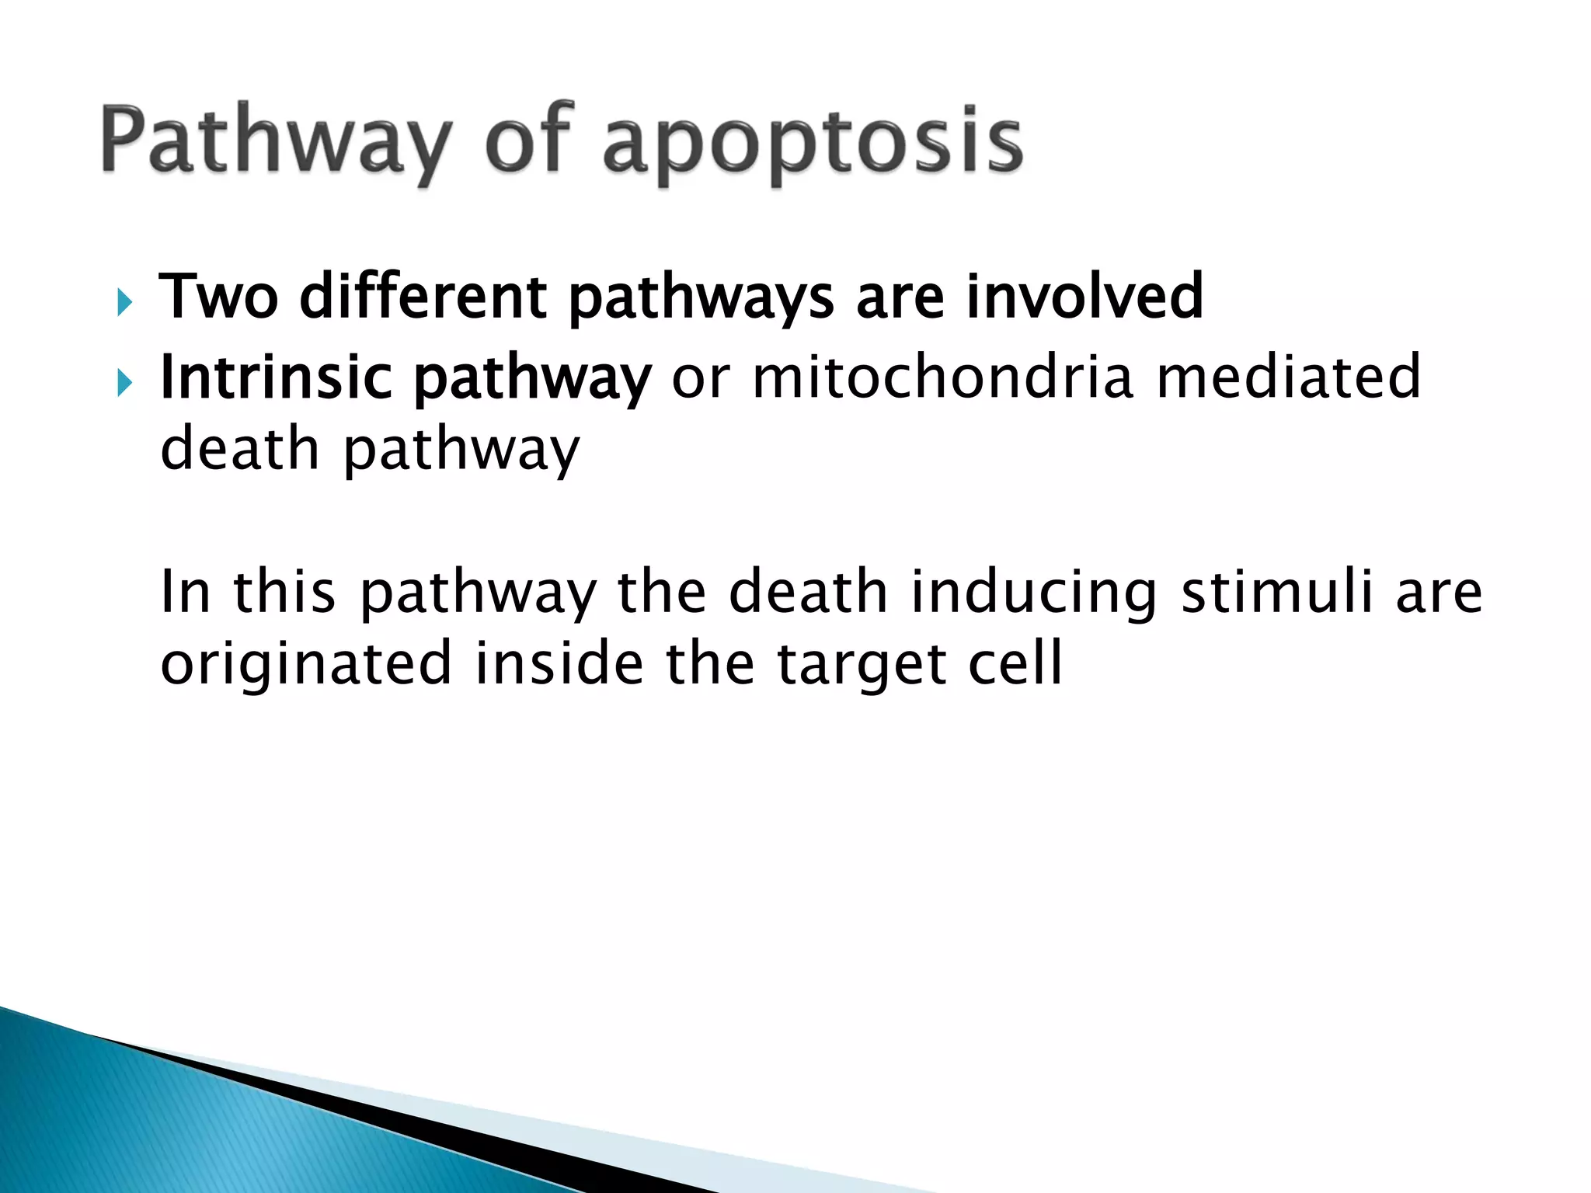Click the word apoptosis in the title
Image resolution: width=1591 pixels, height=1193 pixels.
click(x=813, y=144)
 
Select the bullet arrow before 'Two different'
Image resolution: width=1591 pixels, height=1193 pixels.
click(x=124, y=301)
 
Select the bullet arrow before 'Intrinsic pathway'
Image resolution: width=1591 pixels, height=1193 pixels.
click(x=124, y=382)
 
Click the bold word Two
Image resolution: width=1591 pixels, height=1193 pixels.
click(x=218, y=297)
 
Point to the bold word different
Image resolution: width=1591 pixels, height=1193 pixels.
click(x=423, y=297)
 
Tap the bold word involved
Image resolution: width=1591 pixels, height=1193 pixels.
click(x=1084, y=297)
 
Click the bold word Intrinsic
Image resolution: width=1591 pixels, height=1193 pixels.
click(x=276, y=377)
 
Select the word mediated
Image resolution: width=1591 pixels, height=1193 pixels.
click(x=1289, y=377)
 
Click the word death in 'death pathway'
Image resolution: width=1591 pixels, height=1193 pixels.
click(x=240, y=450)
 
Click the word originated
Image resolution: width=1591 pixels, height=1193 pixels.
click(x=306, y=665)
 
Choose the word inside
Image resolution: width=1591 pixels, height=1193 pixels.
click(x=559, y=665)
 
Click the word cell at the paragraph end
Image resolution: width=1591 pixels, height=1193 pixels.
click(x=1015, y=665)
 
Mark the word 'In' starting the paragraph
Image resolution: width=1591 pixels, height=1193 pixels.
click(x=185, y=593)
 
